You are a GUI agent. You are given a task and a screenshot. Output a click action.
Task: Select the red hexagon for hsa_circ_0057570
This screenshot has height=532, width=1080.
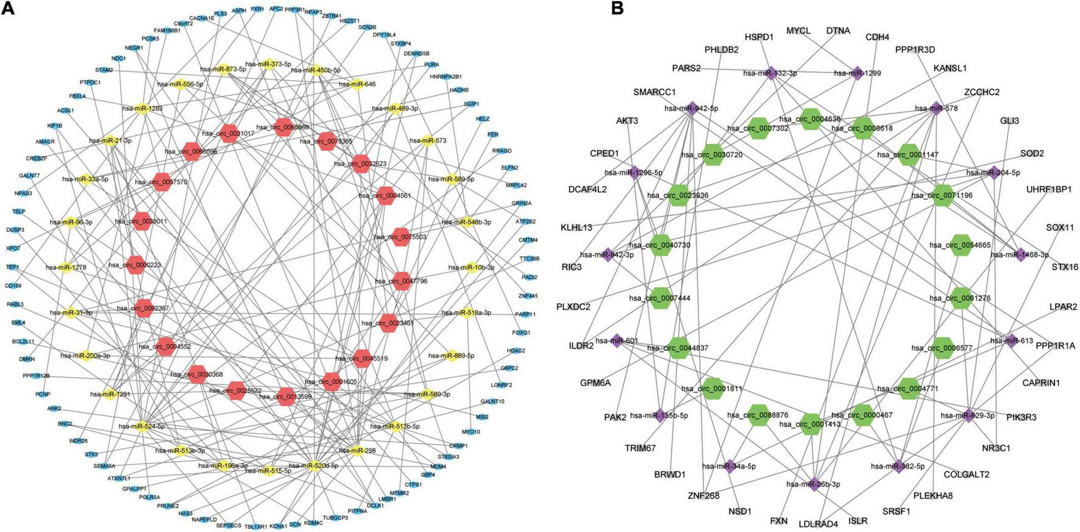[162, 182]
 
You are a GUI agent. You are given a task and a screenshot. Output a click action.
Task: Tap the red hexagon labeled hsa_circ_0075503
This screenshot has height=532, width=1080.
[400, 237]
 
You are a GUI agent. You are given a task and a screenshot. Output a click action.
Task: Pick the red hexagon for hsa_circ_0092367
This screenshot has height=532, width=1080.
[143, 309]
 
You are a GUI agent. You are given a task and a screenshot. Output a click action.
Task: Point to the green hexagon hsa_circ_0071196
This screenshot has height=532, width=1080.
[942, 195]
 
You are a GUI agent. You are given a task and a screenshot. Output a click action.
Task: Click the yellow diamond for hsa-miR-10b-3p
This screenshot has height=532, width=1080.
[471, 268]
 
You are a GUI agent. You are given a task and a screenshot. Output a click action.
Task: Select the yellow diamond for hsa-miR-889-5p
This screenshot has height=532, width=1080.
[452, 355]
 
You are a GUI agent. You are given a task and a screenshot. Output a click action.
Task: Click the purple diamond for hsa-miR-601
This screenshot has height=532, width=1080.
[617, 341]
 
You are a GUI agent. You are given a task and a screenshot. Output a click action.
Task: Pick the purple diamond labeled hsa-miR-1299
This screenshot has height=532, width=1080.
[858, 73]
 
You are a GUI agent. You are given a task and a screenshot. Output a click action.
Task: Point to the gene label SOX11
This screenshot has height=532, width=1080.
[1060, 228]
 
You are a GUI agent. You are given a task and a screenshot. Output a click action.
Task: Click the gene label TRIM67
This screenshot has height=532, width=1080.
[640, 448]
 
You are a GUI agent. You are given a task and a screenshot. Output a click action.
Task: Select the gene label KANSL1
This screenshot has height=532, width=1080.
[950, 68]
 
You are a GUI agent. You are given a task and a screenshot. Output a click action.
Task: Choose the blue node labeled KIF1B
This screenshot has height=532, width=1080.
[55, 126]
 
